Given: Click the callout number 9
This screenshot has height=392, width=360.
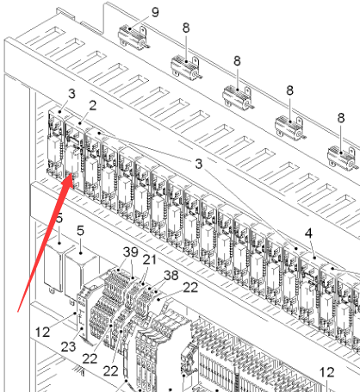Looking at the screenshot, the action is tap(155, 12).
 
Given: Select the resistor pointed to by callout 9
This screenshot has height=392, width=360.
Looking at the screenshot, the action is tap(133, 38).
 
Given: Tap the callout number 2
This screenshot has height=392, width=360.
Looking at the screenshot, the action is tap(92, 105).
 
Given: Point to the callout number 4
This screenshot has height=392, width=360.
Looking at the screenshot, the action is tap(308, 233).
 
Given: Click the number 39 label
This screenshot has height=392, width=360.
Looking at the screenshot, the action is tap(131, 252).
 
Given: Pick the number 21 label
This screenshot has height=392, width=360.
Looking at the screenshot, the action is tap(150, 259).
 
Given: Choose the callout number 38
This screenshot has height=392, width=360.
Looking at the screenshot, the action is tap(171, 275).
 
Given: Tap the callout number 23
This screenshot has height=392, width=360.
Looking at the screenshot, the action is tap(68, 346).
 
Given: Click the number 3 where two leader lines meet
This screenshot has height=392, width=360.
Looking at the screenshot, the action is tap(199, 164).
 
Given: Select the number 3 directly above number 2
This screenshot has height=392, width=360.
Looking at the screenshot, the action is tap(71, 94).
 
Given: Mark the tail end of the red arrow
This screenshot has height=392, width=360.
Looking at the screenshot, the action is tap(18, 311).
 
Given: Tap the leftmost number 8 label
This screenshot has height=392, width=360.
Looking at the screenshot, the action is tap(186, 28).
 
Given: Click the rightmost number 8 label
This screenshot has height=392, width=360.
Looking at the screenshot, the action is tap(341, 118).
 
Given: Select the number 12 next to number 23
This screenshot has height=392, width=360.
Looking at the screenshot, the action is tap(42, 333).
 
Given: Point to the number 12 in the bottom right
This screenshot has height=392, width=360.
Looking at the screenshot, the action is tap(327, 372).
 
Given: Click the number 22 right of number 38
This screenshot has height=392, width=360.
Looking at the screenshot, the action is tap(190, 288).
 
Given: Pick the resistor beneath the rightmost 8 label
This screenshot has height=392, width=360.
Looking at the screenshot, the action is tap(343, 158).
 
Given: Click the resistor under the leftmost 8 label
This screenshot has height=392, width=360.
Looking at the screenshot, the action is tap(186, 68).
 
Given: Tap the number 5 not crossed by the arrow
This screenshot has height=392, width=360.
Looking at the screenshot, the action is tap(80, 231).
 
